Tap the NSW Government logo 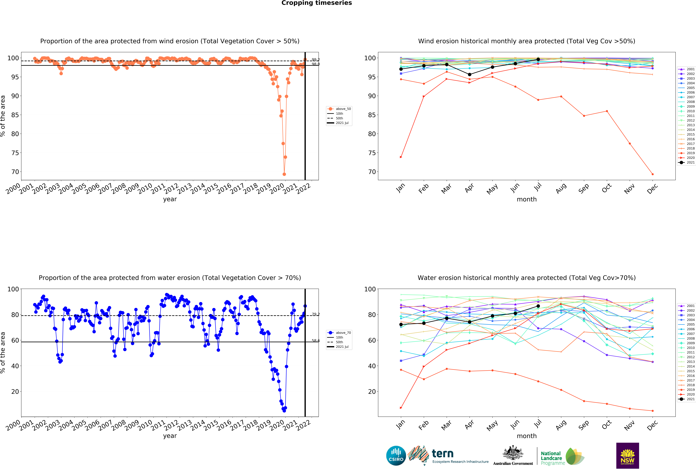(627, 455)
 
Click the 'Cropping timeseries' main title (317, 3)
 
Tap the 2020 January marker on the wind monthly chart (401, 157)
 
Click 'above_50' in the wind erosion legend (343, 109)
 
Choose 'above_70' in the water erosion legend (343, 333)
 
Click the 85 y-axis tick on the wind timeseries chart (15, 115)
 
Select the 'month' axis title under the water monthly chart (526, 436)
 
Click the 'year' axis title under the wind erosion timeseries (170, 199)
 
